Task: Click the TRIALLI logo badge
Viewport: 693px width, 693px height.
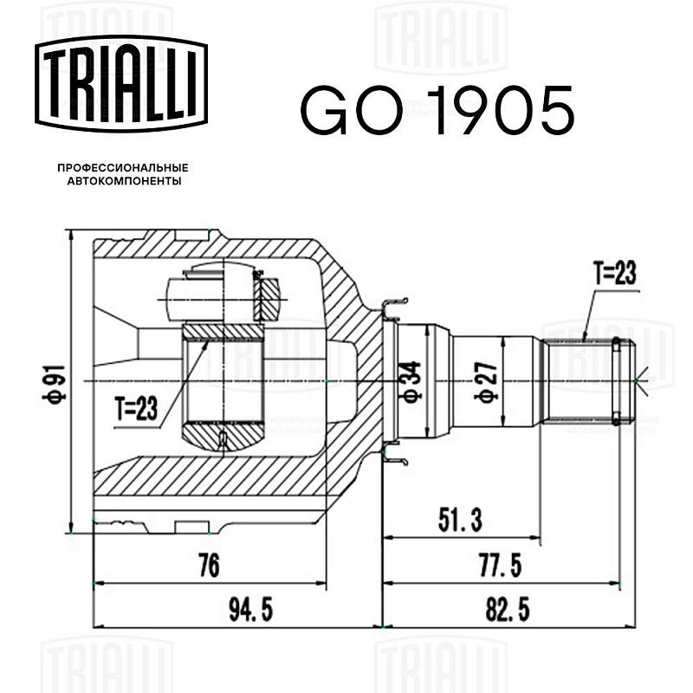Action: coord(121,83)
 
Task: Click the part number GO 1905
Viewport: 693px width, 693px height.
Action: coord(437,111)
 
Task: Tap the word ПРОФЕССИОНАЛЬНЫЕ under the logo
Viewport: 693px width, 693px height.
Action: coord(123,168)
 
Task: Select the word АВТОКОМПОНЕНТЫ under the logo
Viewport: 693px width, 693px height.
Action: coord(124,181)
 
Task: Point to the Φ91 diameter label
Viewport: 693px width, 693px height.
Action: coord(55,383)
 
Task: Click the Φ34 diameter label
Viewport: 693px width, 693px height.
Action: coord(409,380)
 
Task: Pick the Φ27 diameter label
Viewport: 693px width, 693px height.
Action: coord(486,381)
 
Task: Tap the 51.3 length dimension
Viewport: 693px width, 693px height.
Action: coord(460,520)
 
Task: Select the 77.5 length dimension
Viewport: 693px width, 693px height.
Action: coord(501,566)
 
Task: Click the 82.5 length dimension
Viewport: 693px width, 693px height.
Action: coord(508,610)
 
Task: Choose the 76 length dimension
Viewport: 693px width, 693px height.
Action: coord(209,566)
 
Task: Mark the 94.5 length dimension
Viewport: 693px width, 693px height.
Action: coord(251,610)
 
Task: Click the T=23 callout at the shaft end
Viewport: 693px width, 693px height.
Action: coord(615,273)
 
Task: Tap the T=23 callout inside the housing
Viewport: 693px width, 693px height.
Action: coord(136,408)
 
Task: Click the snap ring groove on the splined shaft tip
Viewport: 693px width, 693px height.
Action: coord(617,380)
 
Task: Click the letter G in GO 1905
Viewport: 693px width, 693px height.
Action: coord(325,111)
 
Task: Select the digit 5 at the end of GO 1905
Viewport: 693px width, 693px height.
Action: coord(554,111)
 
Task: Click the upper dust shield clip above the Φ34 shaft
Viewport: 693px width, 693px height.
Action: coord(394,309)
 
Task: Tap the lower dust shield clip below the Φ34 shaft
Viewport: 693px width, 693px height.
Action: coord(394,454)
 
